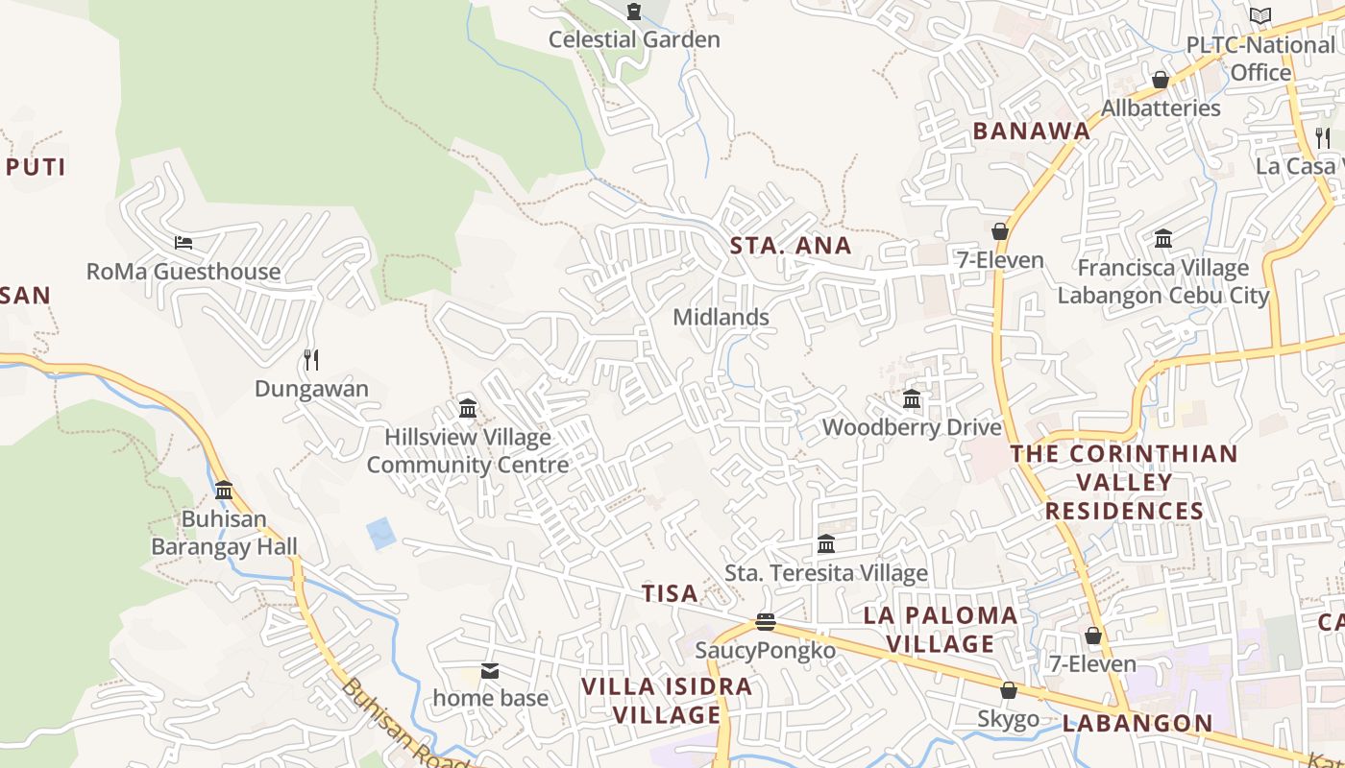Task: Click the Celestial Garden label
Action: click(634, 39)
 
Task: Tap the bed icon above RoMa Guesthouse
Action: click(183, 242)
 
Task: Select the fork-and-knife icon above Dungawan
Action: click(310, 360)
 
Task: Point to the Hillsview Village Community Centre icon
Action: click(468, 408)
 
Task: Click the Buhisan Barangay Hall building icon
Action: click(224, 490)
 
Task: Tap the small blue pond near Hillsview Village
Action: click(381, 533)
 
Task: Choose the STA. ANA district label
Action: click(791, 246)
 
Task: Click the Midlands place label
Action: click(721, 317)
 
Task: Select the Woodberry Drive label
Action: click(912, 427)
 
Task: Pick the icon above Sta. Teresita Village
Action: click(826, 544)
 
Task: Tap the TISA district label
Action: click(670, 594)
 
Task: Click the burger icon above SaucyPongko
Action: click(765, 622)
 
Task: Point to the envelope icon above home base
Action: click(490, 670)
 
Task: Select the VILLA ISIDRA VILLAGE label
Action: click(668, 701)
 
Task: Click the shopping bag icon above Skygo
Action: click(1009, 690)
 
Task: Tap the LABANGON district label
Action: click(1137, 724)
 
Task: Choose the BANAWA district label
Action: click(1032, 132)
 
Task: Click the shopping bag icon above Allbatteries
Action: click(1161, 80)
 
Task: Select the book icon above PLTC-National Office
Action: click(1259, 15)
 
